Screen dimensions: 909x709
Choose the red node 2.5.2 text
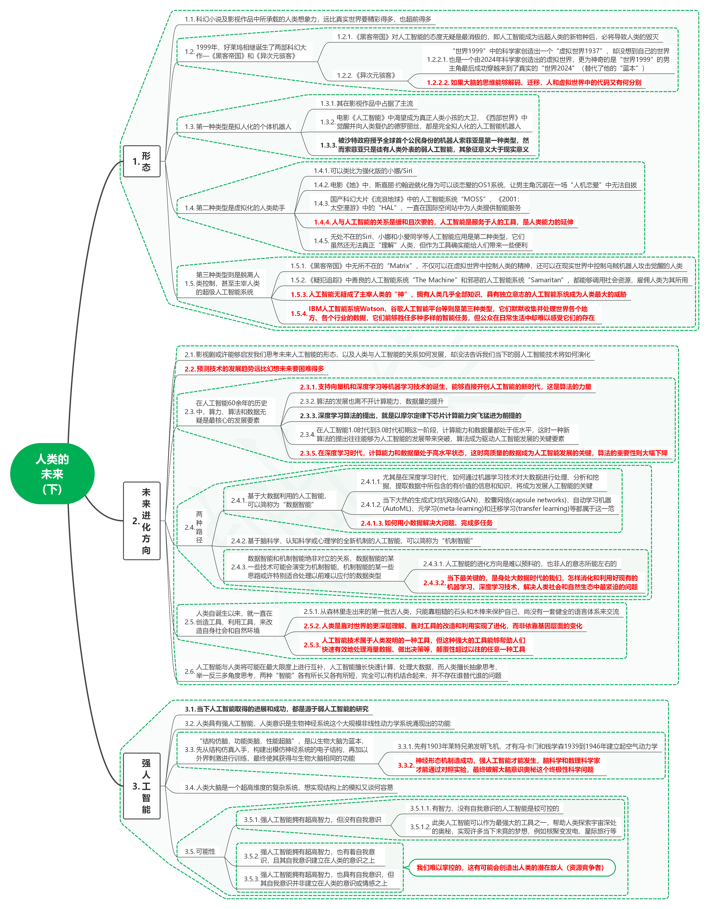tap(443, 626)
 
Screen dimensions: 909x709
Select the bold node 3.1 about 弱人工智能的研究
tap(277, 709)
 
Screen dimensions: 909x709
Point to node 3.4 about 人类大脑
tap(289, 787)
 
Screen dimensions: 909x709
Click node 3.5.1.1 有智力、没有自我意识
tap(484, 808)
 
